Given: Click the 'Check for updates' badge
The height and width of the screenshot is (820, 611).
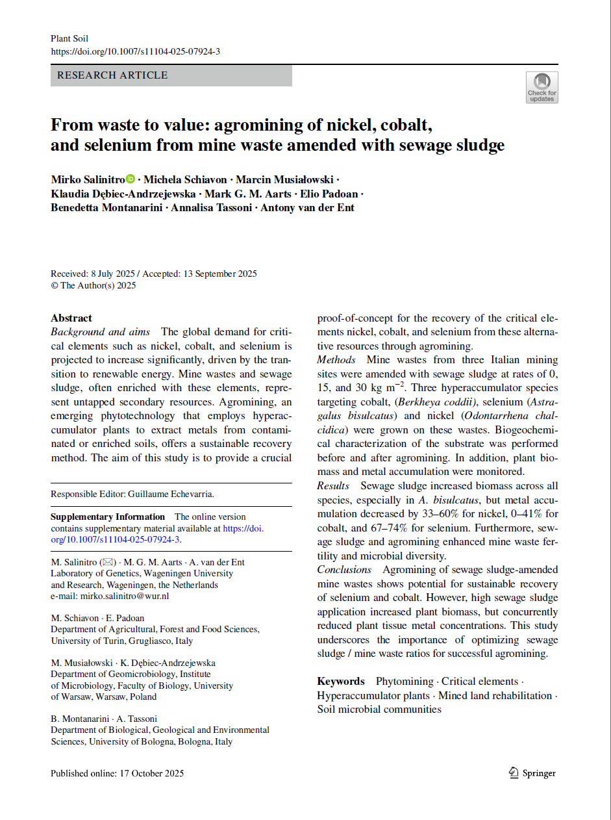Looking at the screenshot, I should coord(542,87).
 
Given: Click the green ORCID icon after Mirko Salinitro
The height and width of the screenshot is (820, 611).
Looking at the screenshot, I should coord(131,179).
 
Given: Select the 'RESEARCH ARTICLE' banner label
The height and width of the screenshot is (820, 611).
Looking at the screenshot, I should coord(112,75).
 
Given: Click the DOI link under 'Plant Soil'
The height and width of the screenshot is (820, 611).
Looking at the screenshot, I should coord(135,51).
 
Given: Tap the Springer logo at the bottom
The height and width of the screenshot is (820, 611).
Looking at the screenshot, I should coord(532,773).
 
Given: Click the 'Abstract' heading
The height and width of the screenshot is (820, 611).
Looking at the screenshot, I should coord(71,318).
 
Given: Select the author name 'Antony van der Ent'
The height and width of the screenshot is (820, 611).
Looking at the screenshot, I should coord(307,208).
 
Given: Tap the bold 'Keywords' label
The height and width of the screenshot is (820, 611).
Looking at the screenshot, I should coord(341,681).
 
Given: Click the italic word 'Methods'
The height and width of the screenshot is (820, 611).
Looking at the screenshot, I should coord(336,360).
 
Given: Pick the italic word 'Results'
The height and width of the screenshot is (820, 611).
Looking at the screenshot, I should coord(333,486).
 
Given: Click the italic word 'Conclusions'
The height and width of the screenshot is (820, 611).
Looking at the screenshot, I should coord(344,570).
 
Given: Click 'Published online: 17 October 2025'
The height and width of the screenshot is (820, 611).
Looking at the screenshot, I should coord(118,773).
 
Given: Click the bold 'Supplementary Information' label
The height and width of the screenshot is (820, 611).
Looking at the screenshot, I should coord(108,517).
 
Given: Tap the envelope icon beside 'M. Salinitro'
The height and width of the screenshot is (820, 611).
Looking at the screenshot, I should coord(108,562).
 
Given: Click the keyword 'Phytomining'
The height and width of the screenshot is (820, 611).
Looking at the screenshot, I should coord(404,681).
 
